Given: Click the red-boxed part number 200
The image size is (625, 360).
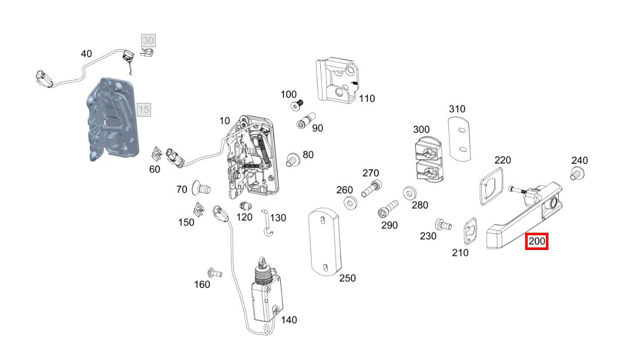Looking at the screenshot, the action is point(537,241).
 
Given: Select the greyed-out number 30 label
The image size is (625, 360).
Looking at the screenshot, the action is point(148,41).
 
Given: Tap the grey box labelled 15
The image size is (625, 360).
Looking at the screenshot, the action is point(144,110).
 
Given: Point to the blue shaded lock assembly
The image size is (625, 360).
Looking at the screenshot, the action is point(113,120).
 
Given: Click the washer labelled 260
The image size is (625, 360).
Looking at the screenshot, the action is point(351,203).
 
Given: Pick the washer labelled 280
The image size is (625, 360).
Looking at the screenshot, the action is point(410,193).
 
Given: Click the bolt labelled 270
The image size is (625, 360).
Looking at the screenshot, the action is point(372,189).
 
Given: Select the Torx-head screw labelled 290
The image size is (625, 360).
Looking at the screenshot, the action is point(388,209).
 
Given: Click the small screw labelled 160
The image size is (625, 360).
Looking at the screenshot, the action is point(215,272).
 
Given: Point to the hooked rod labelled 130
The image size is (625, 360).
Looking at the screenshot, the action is point(267,223).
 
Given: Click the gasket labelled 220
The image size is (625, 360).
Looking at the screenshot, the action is point(492,187).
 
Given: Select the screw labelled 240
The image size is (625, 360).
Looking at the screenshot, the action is point(577,173).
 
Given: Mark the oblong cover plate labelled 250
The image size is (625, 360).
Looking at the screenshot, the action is point(325,242).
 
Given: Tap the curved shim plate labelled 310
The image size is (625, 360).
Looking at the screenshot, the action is point(459,139).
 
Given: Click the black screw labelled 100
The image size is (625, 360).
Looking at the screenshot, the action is point(297,105).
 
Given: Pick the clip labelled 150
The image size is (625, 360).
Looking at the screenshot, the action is point(199,209).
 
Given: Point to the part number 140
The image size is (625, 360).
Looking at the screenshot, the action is point(289,320).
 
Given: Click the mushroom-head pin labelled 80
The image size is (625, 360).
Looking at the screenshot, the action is point(293,160).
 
